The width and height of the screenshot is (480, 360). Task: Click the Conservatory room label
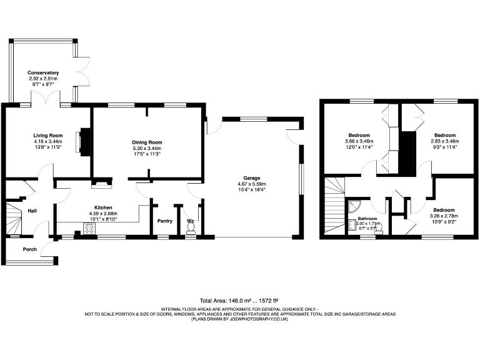[x=42, y=72]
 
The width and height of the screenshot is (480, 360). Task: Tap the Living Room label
[x=48, y=136]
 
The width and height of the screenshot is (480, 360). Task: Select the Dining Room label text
[x=147, y=142]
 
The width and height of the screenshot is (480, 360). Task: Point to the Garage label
[x=252, y=178]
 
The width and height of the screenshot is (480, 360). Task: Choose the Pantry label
[x=164, y=221]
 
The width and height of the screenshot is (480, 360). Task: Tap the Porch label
[x=29, y=248]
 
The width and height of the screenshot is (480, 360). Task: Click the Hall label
[x=32, y=211]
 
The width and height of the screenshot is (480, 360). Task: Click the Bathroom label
[x=367, y=219]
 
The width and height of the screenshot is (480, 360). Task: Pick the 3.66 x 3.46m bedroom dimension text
[x=359, y=141]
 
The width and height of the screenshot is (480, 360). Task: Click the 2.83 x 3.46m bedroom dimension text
[x=444, y=141]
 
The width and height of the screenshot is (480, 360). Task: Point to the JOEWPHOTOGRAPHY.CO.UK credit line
[x=241, y=319]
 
